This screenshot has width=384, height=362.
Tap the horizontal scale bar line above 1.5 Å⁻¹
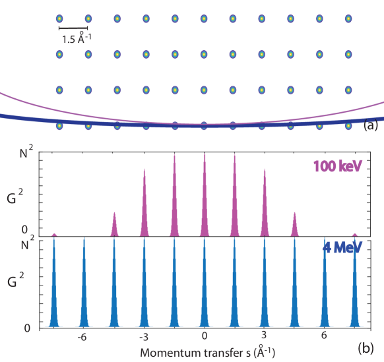click(73, 28)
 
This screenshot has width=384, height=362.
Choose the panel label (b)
click(365, 347)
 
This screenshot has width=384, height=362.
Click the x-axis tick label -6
click(82, 336)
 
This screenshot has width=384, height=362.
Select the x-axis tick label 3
click(265, 336)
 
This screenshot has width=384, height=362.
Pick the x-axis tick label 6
click(325, 336)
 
